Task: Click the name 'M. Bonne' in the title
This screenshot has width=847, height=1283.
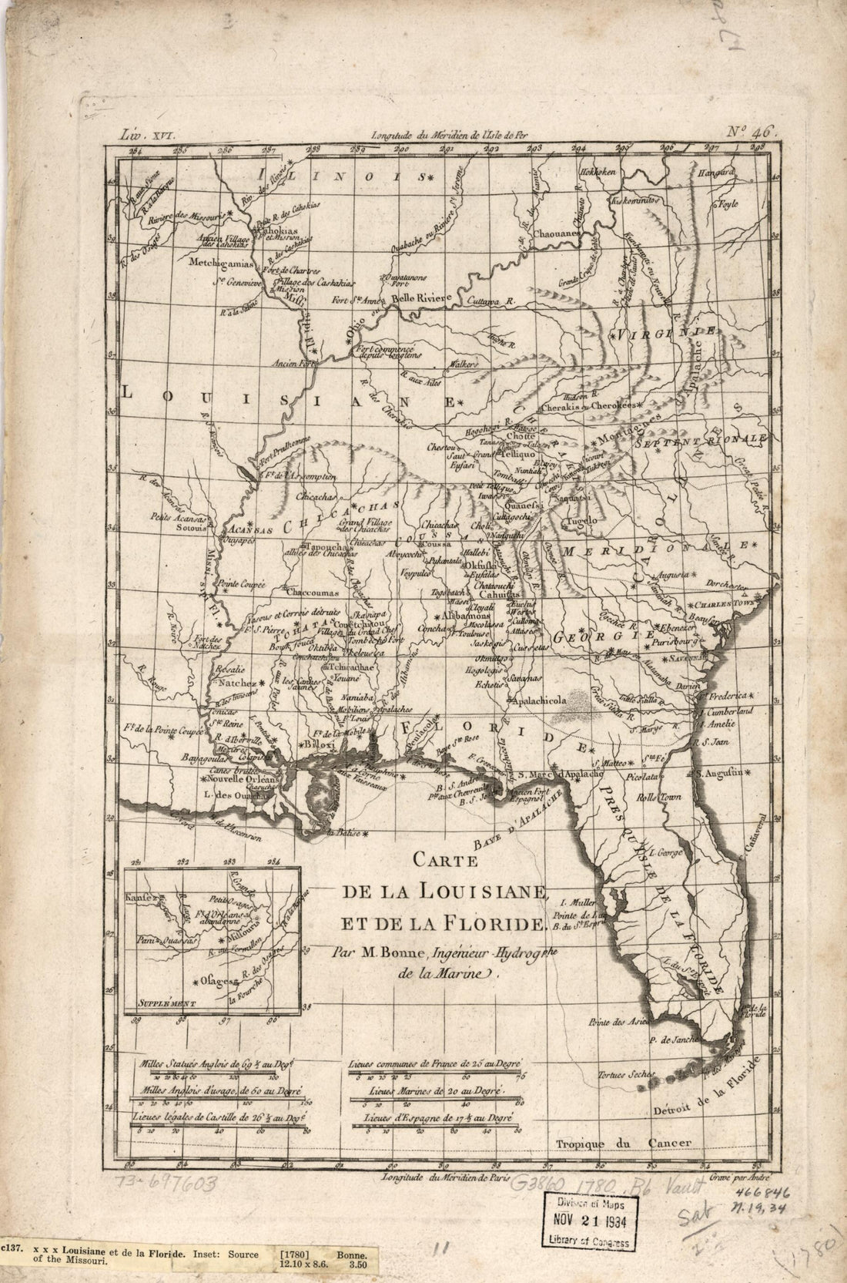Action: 377,950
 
